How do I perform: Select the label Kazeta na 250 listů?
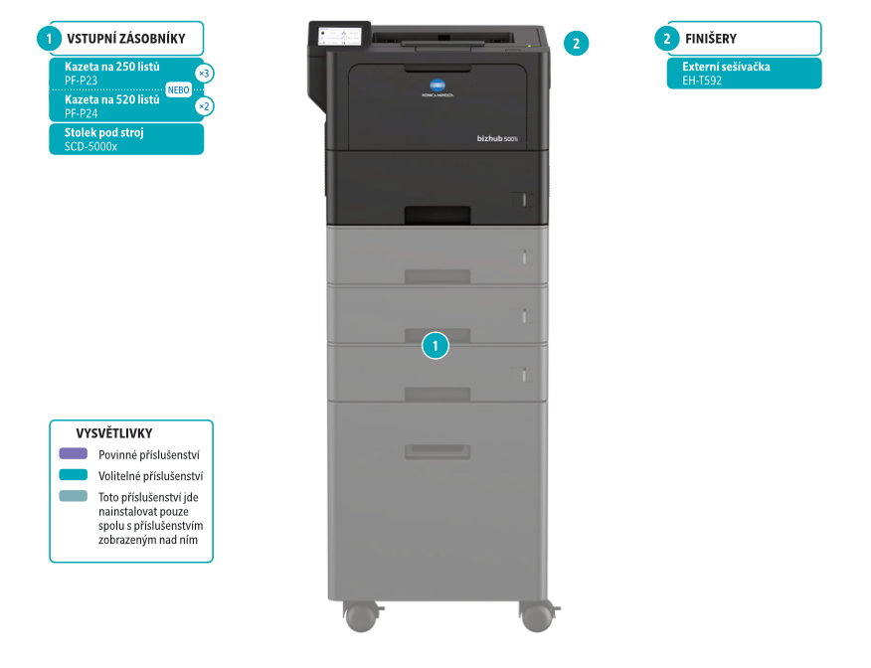click(x=111, y=66)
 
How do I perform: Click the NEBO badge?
click(x=178, y=89)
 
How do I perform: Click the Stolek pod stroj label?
click(x=103, y=132)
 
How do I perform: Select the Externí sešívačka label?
click(x=726, y=67)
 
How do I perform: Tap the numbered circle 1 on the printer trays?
click(x=435, y=346)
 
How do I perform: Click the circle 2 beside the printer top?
click(x=576, y=43)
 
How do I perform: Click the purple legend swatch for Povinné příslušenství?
click(x=73, y=453)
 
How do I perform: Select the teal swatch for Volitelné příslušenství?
click(x=73, y=475)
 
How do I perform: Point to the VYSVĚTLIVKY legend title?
click(x=114, y=433)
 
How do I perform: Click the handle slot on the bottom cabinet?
click(x=436, y=452)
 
